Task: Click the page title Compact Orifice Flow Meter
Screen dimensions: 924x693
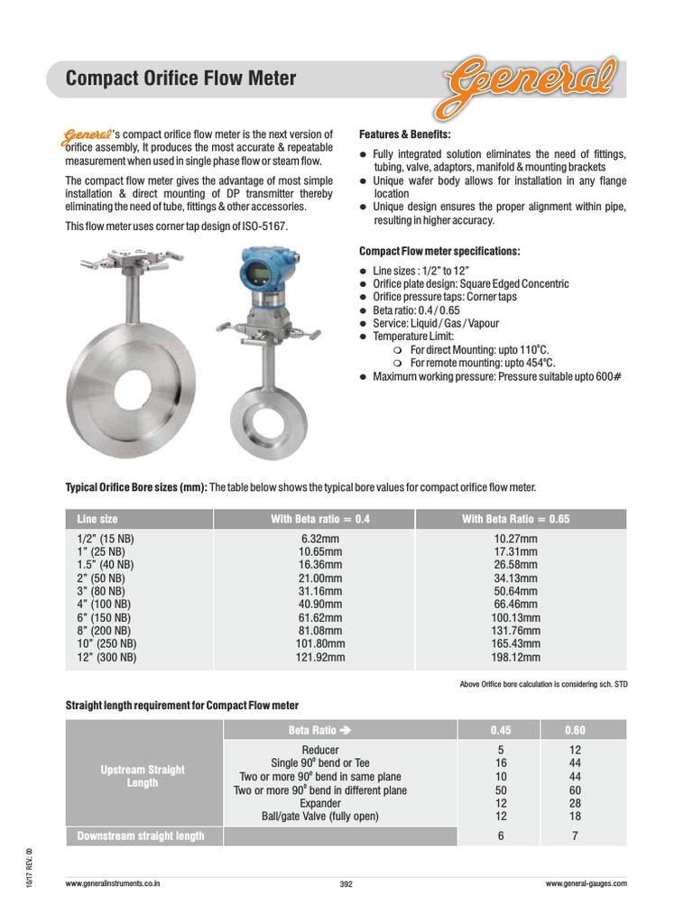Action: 181,79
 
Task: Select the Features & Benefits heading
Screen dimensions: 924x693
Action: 405,133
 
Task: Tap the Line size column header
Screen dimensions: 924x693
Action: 97,519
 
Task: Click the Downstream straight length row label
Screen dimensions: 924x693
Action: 141,836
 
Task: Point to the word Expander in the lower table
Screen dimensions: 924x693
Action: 320,803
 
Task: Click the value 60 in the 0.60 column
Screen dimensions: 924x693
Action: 574,790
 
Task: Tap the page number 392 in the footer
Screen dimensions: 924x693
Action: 346,884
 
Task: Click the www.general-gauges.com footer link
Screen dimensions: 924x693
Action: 586,884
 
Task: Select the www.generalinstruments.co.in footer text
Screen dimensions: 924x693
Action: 114,884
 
